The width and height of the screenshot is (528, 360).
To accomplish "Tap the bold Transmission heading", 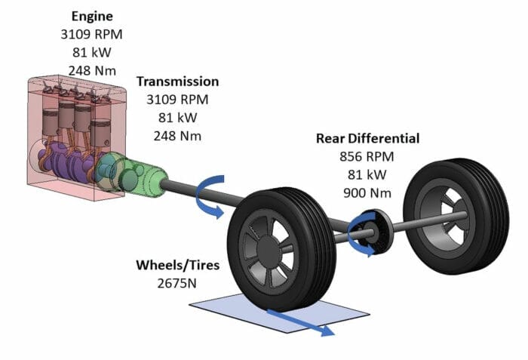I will (177, 82).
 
